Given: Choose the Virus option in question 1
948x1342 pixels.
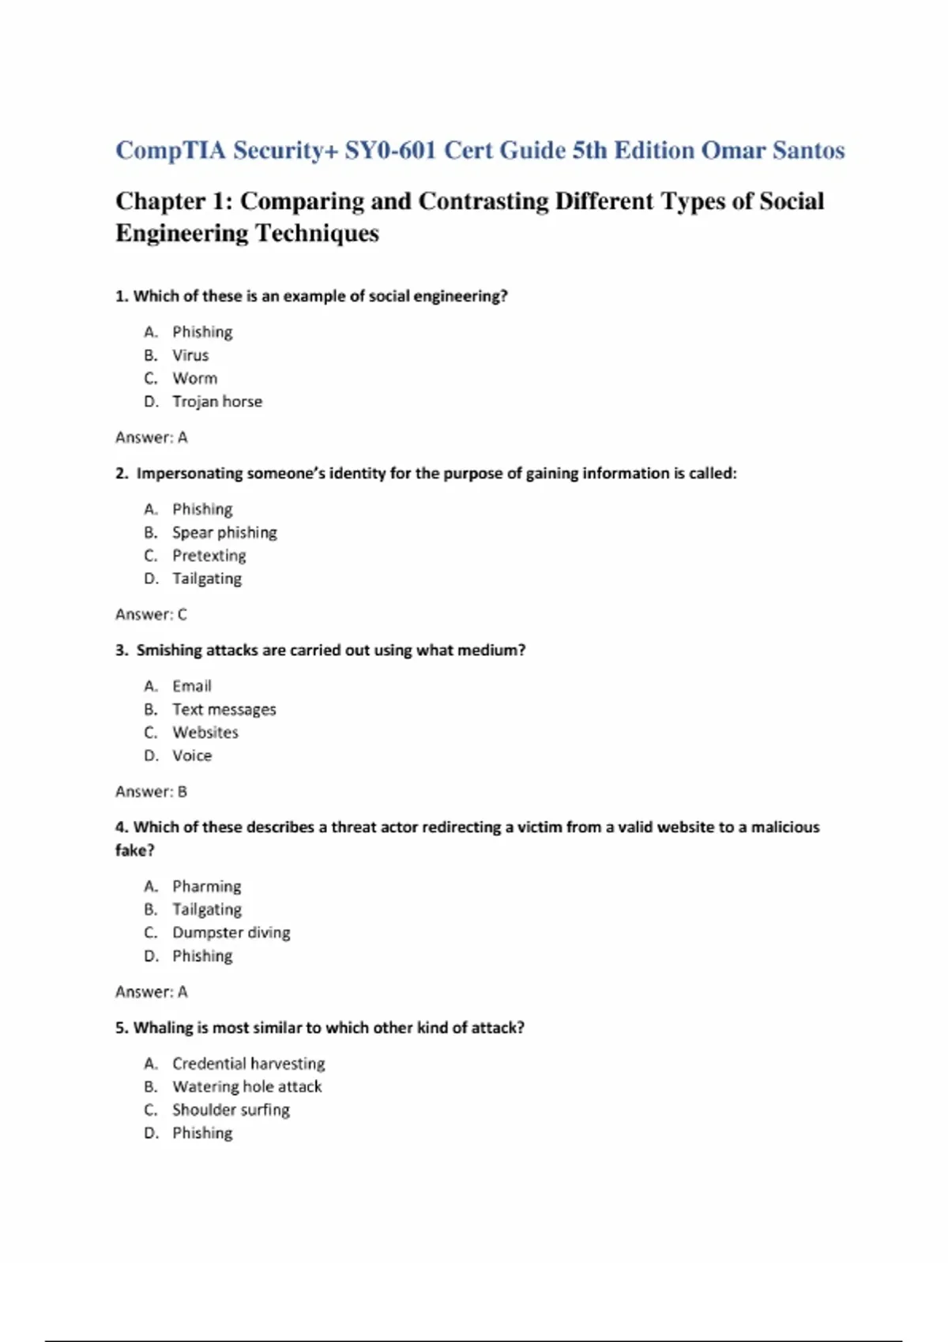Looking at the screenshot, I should coord(190,355).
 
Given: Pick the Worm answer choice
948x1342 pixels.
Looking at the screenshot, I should coord(194,378).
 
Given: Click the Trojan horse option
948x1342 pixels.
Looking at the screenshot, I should coord(217,401).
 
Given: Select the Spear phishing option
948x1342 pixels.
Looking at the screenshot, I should coord(224,532).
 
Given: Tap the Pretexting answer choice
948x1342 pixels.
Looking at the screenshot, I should coord(209,555).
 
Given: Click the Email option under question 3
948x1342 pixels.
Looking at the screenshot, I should coord(192,686).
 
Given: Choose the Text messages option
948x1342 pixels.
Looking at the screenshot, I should coord(224,709).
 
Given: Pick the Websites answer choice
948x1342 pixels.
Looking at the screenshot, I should coord(205,732).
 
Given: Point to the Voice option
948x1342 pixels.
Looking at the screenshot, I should coord(192,755).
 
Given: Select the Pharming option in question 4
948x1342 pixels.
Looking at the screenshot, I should coord(207,886).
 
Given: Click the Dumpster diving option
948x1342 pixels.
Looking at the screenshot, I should coord(231,932).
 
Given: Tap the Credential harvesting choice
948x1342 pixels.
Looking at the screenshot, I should coord(249,1063).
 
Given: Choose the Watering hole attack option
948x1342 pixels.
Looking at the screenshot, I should coord(247,1086).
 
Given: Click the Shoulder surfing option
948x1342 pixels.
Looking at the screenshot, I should coord(231,1109).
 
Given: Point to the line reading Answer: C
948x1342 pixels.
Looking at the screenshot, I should coord(152,614).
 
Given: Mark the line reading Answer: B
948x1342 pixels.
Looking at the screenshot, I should coord(152,791).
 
